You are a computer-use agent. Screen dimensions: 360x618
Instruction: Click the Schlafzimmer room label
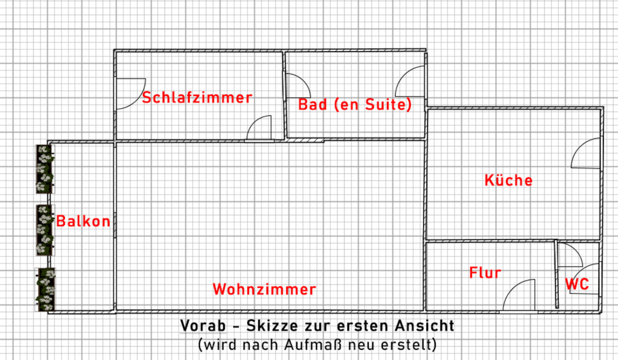pyautogui.click(x=197, y=98)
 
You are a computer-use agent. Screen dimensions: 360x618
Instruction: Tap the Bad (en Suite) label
pyautogui.click(x=355, y=104)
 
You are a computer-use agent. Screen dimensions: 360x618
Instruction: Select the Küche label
pyautogui.click(x=509, y=180)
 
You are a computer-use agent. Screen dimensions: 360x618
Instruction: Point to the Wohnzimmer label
pyautogui.click(x=265, y=289)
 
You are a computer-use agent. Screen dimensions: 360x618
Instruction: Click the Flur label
pyautogui.click(x=485, y=273)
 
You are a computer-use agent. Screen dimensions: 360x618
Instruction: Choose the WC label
pyautogui.click(x=577, y=284)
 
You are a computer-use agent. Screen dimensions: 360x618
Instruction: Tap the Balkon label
pyautogui.click(x=83, y=222)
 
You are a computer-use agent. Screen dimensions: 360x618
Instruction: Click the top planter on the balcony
pyautogui.click(x=44, y=168)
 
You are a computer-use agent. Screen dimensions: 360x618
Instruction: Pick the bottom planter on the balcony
pyautogui.click(x=44, y=290)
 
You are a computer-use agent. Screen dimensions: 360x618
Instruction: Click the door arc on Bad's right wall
pyautogui.click(x=409, y=82)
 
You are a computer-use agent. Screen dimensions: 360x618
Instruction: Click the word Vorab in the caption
pyautogui.click(x=201, y=326)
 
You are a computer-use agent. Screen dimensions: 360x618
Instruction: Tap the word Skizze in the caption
pyautogui.click(x=263, y=326)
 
